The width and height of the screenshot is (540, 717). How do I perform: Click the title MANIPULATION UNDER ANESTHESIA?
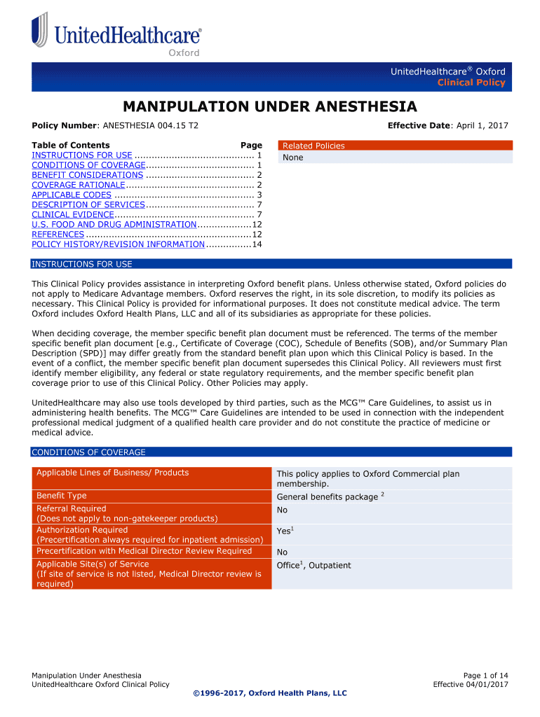point(269,106)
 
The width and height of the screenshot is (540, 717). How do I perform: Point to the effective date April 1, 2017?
point(482,125)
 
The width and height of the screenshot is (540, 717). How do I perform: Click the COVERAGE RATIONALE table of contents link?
point(78,185)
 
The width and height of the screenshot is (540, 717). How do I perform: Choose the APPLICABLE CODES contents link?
point(72,195)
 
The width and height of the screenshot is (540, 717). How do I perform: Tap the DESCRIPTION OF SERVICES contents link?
point(88,205)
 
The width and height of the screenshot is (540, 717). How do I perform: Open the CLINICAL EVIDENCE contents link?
point(72,215)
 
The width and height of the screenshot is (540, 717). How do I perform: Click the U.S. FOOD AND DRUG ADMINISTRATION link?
point(114,225)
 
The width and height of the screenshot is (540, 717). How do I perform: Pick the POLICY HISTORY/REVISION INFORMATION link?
point(118,244)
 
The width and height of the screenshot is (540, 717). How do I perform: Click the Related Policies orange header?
point(313,146)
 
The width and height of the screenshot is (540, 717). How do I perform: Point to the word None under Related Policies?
point(292,158)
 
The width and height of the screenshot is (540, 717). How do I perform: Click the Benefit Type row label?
point(62,496)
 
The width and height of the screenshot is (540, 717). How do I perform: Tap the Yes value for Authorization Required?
point(283,531)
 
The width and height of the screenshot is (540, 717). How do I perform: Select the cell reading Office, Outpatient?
point(313,565)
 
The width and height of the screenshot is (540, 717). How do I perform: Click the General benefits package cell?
point(327,497)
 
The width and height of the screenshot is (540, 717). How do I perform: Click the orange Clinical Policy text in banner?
point(471,83)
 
